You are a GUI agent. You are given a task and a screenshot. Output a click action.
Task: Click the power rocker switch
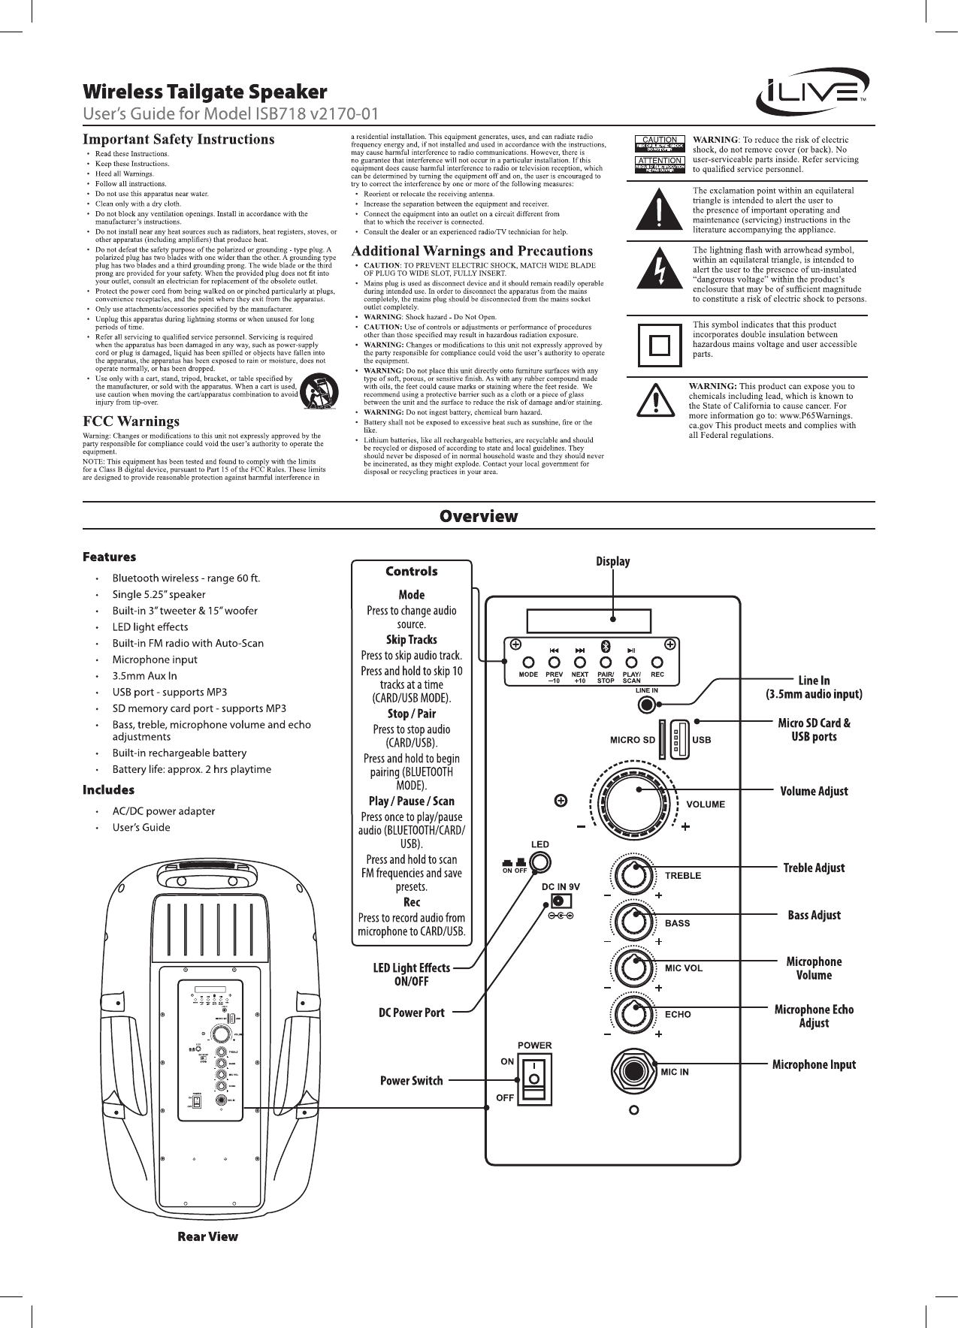[x=534, y=1079]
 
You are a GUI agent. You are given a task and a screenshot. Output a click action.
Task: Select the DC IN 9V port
[x=558, y=901]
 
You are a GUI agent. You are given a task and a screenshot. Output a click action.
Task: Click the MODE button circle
[x=528, y=663]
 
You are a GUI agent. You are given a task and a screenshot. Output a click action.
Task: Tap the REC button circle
[x=657, y=663]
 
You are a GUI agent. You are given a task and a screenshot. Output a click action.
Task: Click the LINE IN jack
[x=647, y=705]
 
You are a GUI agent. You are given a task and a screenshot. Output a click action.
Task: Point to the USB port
[x=679, y=739]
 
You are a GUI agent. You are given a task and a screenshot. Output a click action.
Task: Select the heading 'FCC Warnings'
[x=131, y=421]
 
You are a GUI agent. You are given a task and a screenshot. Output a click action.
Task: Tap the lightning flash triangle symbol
[x=659, y=271]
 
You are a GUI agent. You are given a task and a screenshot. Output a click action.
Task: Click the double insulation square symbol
[x=659, y=345]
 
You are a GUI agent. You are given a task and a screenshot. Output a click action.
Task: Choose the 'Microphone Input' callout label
[x=814, y=1064]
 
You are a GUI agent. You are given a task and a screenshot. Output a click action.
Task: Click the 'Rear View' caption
[x=207, y=1236]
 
